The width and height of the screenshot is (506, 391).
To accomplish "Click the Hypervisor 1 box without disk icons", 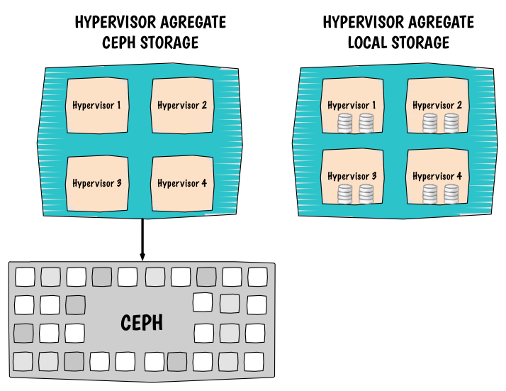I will point(97,105).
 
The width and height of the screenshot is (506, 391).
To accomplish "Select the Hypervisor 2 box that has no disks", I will point(182,105).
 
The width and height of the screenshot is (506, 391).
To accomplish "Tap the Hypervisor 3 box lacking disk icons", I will point(97,183).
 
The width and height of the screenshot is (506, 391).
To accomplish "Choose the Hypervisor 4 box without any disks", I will point(182,183).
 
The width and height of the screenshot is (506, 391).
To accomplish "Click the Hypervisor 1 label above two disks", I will point(352,106).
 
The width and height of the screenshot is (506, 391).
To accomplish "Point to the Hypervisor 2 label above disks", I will point(437,106).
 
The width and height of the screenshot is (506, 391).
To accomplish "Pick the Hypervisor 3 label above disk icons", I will point(352,176).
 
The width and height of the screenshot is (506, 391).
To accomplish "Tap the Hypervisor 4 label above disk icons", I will point(437,176).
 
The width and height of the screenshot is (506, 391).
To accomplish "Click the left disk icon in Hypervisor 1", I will point(344,123).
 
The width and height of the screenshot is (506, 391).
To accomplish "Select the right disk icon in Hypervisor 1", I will point(366,123).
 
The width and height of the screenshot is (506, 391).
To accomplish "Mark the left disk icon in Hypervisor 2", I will point(430,123).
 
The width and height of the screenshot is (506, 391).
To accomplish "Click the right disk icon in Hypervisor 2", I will point(451,123).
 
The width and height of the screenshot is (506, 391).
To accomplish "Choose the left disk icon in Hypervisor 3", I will point(344,194).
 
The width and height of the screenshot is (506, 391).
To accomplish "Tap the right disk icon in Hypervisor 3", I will point(366,194).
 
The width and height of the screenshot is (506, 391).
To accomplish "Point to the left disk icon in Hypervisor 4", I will point(430,194).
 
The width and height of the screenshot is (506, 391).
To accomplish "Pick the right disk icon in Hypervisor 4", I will point(451,194).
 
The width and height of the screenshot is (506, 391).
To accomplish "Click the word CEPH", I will point(142,324).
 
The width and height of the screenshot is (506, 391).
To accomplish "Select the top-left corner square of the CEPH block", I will point(25,276).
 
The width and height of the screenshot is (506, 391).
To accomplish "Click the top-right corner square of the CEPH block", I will point(257,276).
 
